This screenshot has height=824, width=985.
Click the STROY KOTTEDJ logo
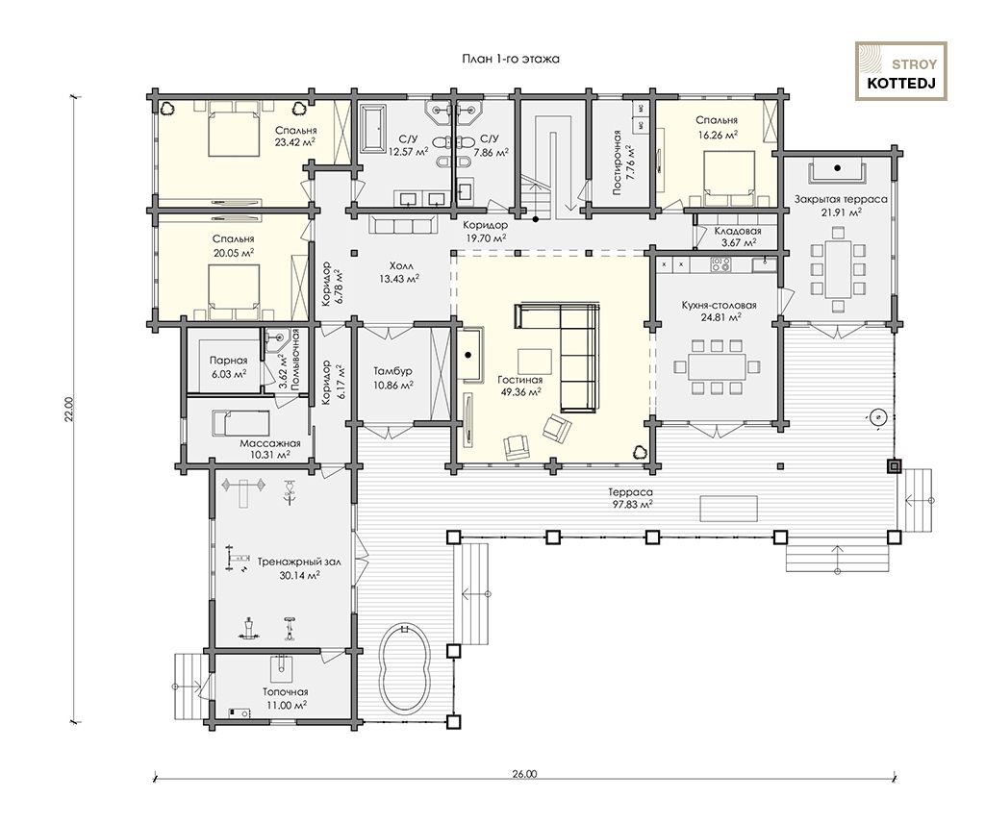900,71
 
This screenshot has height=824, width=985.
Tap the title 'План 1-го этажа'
511,59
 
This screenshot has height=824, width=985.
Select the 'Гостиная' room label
520,380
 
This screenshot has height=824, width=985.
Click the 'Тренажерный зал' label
299,562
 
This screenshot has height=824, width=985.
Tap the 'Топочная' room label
285,692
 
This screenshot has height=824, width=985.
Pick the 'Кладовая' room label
738,231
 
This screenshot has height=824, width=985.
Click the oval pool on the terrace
405,667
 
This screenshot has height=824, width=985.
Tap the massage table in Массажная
240,423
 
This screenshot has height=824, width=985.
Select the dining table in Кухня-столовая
716,366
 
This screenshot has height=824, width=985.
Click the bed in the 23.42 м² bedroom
234,130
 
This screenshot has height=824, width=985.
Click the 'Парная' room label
228,362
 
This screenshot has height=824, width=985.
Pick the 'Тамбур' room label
393,372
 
